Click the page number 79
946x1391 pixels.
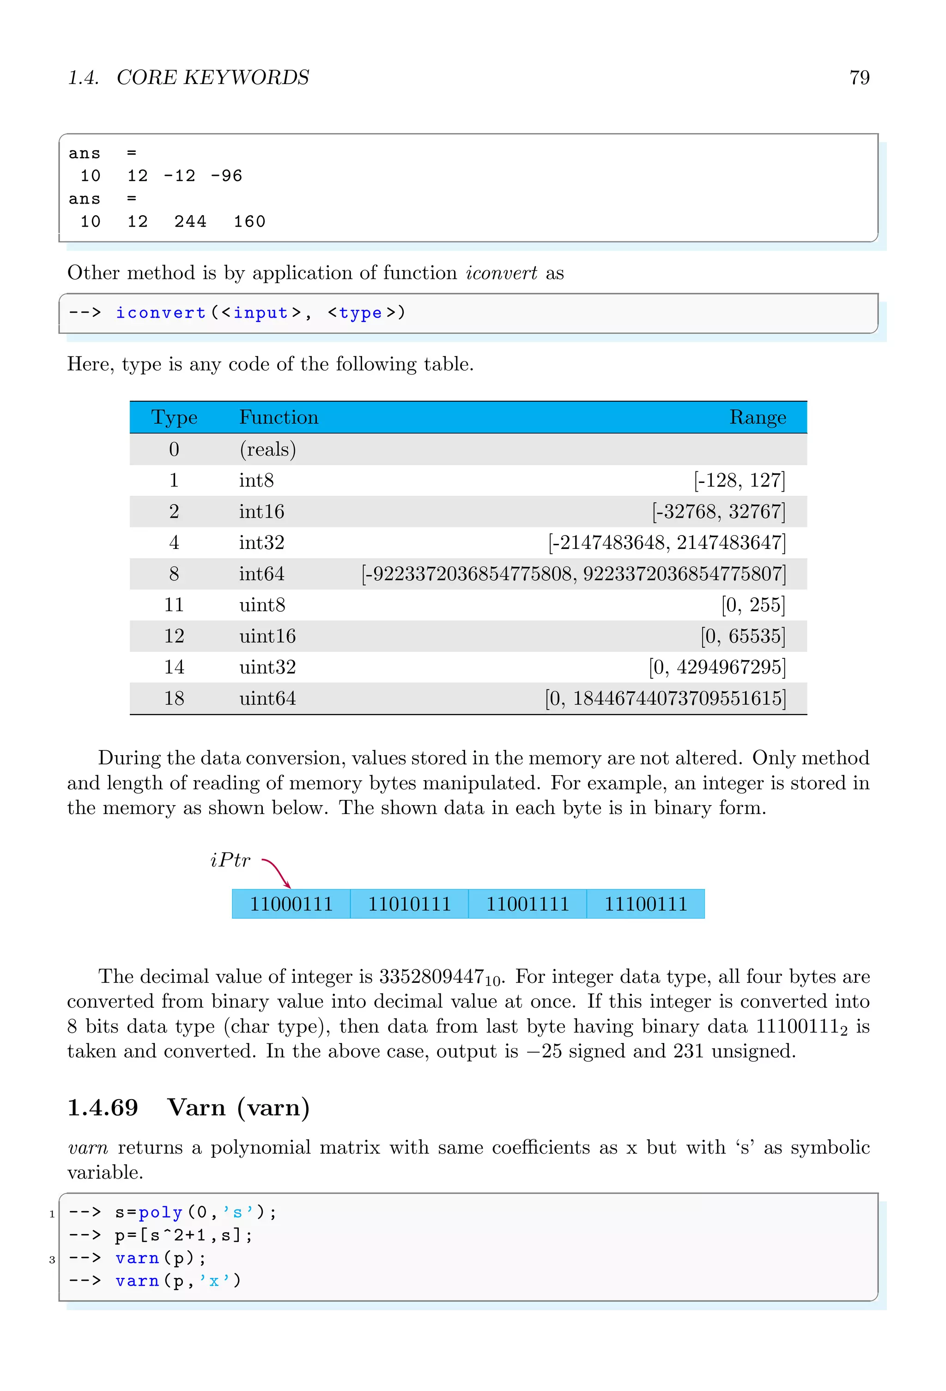859,78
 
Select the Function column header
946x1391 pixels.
279,417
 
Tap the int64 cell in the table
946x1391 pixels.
261,574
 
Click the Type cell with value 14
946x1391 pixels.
174,668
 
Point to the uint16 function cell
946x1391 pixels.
267,636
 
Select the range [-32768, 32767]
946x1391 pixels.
718,512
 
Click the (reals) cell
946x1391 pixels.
267,450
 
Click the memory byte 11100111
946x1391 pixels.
645,904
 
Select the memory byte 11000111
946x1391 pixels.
291,904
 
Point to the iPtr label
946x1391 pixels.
230,861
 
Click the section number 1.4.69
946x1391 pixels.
103,1108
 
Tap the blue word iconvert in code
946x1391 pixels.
160,313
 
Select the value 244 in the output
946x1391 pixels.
190,222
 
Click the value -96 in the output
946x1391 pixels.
226,176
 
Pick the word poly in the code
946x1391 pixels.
160,1213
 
